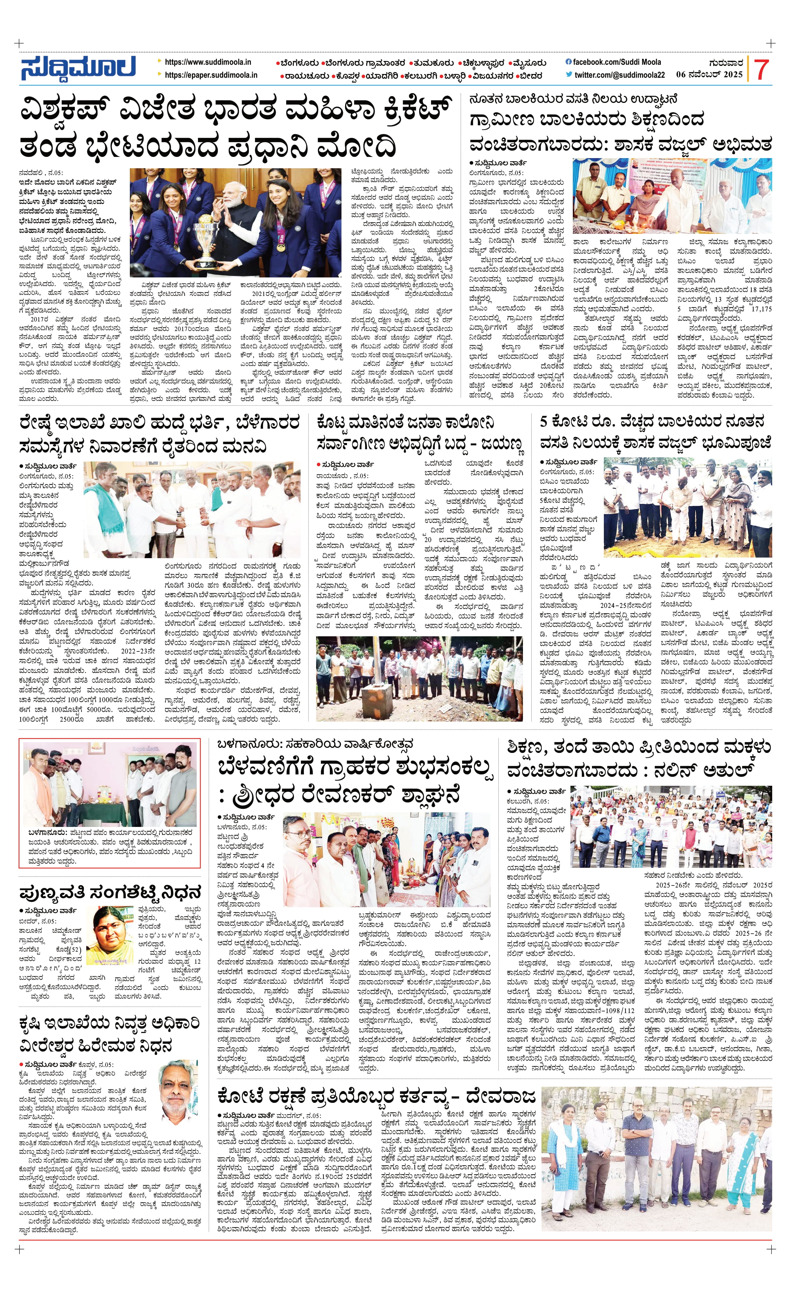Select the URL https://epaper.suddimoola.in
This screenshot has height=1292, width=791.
click(x=211, y=75)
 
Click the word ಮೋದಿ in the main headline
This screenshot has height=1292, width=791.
click(x=357, y=146)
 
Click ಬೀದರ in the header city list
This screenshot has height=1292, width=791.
click(x=531, y=75)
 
